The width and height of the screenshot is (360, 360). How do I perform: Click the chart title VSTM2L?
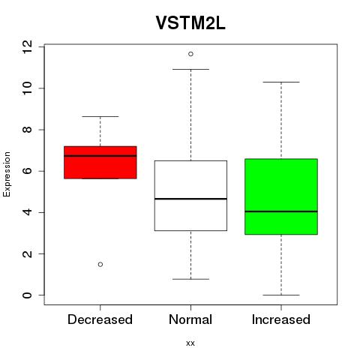tap(190, 23)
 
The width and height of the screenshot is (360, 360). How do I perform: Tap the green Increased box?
tap(281, 196)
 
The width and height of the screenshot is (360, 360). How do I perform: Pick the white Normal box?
tap(190, 196)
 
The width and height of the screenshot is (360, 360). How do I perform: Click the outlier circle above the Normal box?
tap(190, 54)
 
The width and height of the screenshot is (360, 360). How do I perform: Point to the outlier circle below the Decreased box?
tap(100, 265)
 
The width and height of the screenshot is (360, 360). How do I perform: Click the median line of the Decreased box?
tap(100, 156)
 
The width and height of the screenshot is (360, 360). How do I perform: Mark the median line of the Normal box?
tap(190, 199)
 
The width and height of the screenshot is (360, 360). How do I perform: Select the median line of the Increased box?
tap(281, 211)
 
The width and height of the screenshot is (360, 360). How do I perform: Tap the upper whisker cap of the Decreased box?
tap(100, 116)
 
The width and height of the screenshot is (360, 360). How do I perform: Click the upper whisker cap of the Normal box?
tap(190, 69)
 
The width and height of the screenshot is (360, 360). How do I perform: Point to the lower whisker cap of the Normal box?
tap(190, 279)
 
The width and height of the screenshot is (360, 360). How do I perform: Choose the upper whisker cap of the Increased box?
tap(281, 82)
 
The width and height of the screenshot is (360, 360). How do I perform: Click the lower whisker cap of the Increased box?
tap(281, 295)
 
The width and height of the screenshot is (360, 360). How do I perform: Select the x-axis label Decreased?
tap(100, 319)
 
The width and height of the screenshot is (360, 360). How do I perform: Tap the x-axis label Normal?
tap(190, 319)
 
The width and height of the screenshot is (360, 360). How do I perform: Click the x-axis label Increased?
tap(281, 319)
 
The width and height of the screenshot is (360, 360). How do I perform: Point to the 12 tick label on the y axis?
tap(27, 46)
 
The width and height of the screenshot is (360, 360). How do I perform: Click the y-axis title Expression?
tap(7, 174)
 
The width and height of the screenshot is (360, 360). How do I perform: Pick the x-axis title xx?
tap(190, 343)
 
